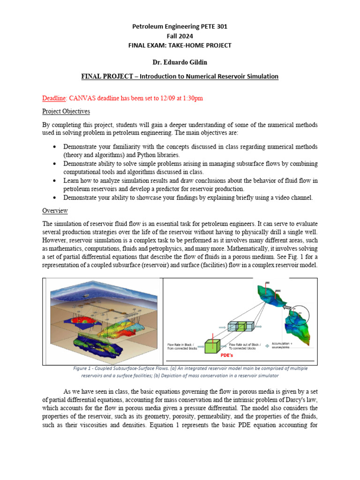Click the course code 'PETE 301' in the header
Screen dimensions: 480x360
click(213, 27)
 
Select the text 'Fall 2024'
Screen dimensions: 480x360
click(180, 36)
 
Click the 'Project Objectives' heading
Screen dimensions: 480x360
click(66, 112)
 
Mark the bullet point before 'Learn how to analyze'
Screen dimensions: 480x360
click(55, 180)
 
